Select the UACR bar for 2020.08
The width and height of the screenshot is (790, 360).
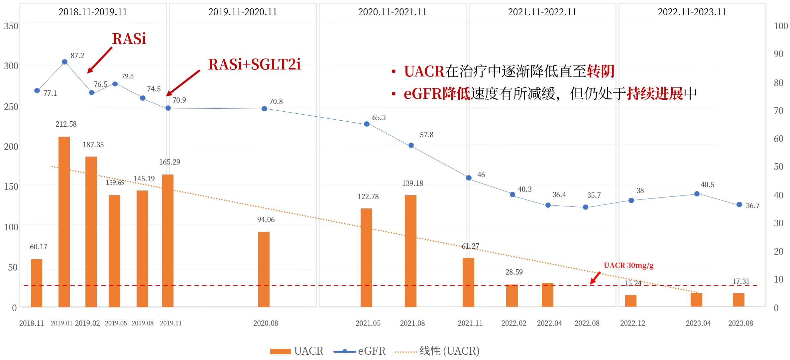(264, 269)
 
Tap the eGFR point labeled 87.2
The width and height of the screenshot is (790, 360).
(65, 62)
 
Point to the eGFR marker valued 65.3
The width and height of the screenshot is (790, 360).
(367, 124)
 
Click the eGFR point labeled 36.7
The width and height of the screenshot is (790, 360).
(739, 204)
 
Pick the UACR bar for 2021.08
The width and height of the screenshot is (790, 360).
(410, 251)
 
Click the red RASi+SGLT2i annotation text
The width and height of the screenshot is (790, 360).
(254, 64)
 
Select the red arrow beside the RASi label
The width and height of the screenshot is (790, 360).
(99, 60)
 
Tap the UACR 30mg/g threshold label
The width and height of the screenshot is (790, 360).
(628, 265)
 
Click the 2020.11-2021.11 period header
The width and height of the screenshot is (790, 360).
(392, 12)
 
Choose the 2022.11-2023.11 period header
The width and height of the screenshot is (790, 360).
(692, 12)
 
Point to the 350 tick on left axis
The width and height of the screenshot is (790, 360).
(11, 26)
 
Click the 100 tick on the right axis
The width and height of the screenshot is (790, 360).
(781, 26)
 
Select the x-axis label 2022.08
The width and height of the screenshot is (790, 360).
(587, 323)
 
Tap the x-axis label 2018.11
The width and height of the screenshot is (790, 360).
(32, 323)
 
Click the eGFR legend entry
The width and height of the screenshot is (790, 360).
(360, 351)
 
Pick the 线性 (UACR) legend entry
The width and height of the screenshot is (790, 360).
(437, 351)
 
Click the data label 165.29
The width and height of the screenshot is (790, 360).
(169, 162)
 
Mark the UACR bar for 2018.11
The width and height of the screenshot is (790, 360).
(37, 283)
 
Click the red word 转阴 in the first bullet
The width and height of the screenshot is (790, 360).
(601, 71)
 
